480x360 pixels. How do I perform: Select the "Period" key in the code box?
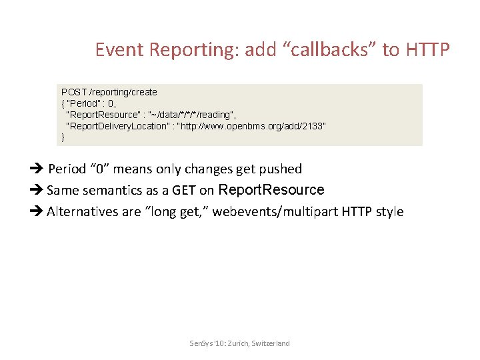[x=83, y=103]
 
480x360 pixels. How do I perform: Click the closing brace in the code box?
[x=63, y=137]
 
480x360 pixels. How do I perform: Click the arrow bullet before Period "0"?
[x=37, y=169]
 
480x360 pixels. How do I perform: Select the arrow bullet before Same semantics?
[x=37, y=190]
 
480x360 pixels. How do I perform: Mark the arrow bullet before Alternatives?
[x=37, y=212]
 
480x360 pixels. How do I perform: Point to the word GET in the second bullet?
[x=184, y=190]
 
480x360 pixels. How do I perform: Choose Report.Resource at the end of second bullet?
[x=271, y=190]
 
